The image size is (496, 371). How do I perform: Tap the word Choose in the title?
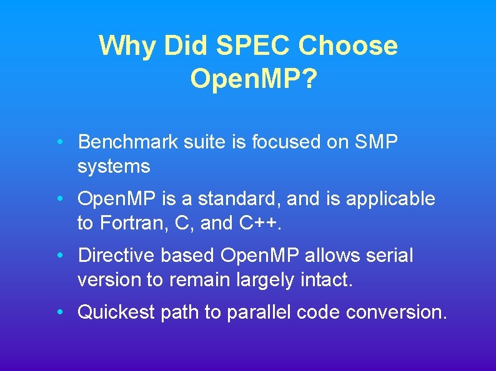(348, 46)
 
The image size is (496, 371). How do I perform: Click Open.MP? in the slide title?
(252, 79)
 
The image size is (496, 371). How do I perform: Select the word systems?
(114, 166)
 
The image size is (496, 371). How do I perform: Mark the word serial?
(390, 256)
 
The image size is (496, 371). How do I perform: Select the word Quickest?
(116, 312)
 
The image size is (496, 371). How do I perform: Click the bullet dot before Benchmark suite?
(58, 142)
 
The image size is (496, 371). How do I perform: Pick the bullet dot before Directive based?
(58, 256)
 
